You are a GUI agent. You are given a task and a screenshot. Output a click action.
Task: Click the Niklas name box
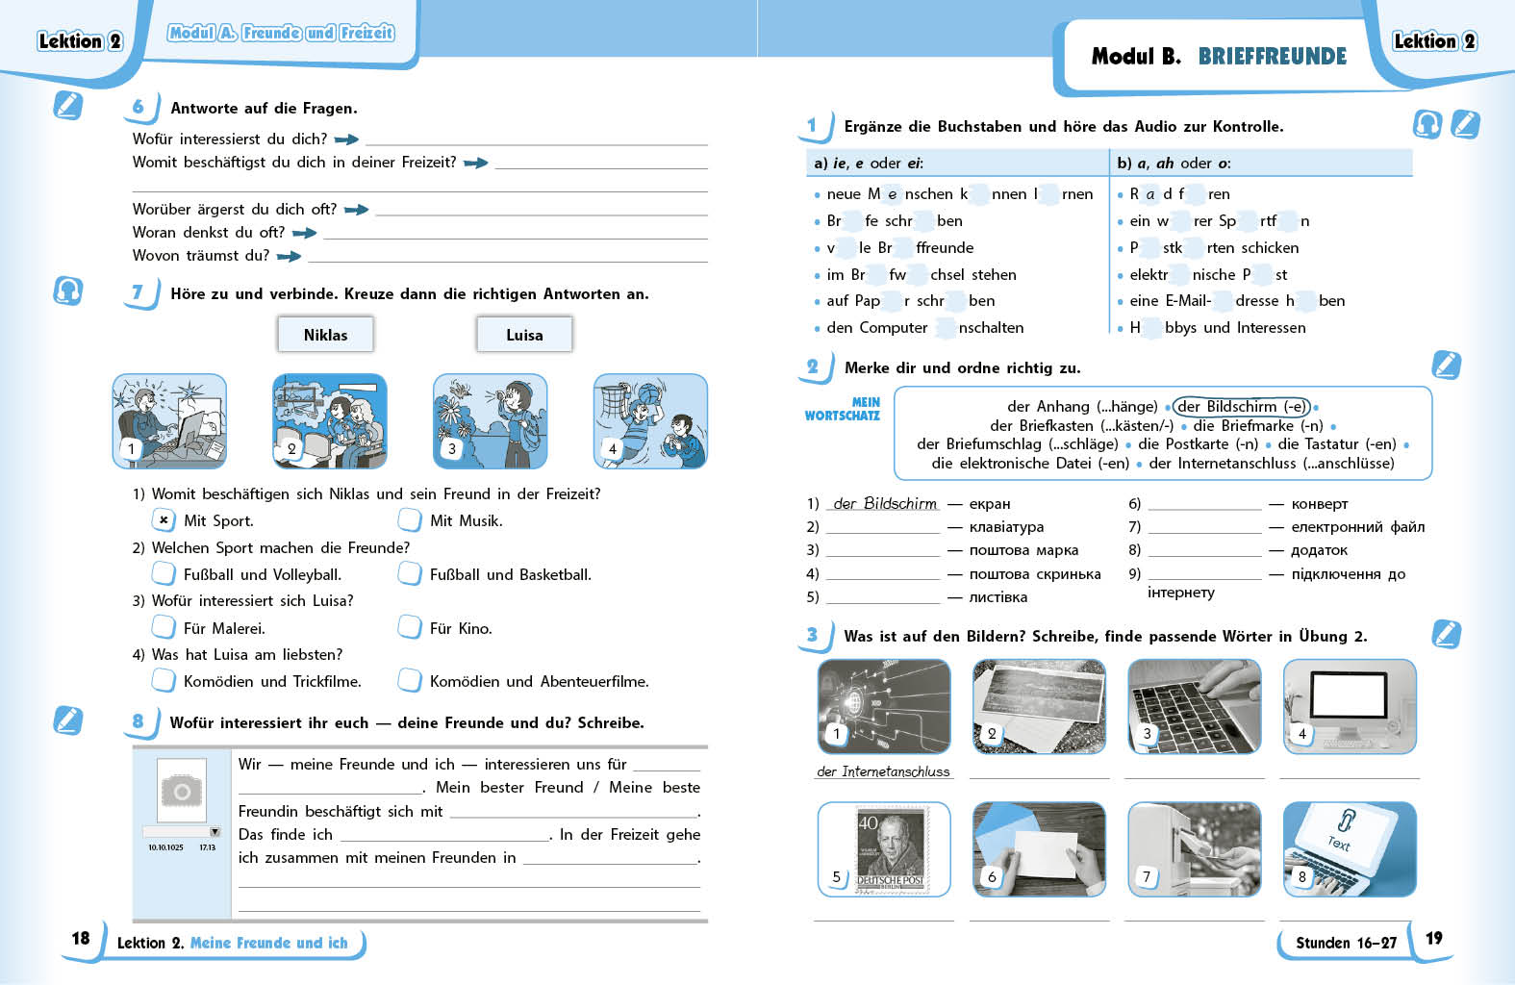pyautogui.click(x=325, y=335)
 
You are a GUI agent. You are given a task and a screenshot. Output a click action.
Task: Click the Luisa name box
pyautogui.click(x=524, y=335)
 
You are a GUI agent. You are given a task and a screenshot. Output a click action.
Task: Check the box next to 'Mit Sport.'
pyautogui.click(x=164, y=520)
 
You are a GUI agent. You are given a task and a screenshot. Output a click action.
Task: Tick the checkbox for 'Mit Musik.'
pyautogui.click(x=410, y=520)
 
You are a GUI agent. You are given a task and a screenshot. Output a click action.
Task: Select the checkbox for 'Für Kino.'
pyautogui.click(x=410, y=628)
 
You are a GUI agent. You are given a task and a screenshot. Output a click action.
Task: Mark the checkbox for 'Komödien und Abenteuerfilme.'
pyautogui.click(x=410, y=681)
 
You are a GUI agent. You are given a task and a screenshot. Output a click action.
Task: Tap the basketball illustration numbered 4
pyautogui.click(x=650, y=421)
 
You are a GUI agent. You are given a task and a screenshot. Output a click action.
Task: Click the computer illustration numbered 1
pyautogui.click(x=169, y=421)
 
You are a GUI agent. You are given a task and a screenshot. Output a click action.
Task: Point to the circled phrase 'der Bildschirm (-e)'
pyautogui.click(x=1242, y=406)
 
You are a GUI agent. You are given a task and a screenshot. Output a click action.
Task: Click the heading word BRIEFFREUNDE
pyautogui.click(x=1272, y=57)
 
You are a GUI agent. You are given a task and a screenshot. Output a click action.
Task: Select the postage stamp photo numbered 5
pyautogui.click(x=884, y=849)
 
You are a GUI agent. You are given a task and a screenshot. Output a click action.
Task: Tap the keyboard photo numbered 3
pyautogui.click(x=1194, y=707)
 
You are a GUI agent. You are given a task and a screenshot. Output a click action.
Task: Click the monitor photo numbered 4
pyautogui.click(x=1350, y=707)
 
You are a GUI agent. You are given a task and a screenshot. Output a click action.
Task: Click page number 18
pyautogui.click(x=81, y=938)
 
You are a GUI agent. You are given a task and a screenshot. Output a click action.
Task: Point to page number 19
pyautogui.click(x=1433, y=938)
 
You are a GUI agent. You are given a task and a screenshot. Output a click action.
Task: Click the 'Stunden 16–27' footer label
pyautogui.click(x=1345, y=943)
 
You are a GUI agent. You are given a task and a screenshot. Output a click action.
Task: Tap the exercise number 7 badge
pyautogui.click(x=139, y=292)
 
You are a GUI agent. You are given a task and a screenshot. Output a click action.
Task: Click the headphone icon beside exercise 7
pyautogui.click(x=67, y=290)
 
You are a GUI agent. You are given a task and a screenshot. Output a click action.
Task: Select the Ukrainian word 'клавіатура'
pyautogui.click(x=1006, y=527)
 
